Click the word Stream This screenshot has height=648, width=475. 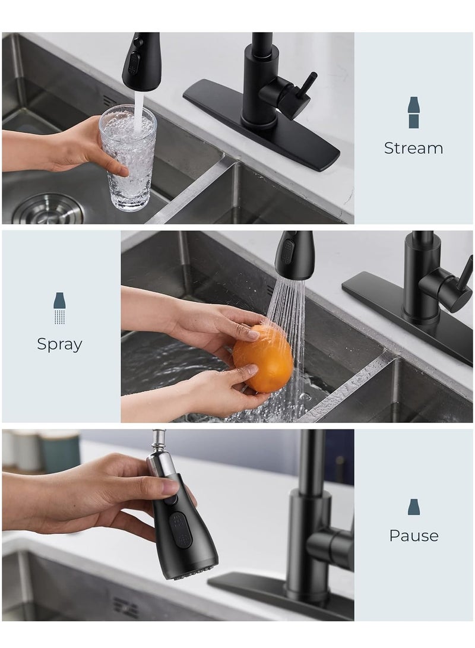pos(413,148)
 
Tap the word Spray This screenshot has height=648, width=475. pos(59,344)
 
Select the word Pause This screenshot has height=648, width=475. pos(414,535)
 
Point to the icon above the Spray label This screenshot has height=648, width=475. pos(59,308)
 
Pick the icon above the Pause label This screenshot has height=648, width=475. pos(414,507)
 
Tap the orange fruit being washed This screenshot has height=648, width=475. pos(262,357)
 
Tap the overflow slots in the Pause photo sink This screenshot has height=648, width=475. pos(126,606)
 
